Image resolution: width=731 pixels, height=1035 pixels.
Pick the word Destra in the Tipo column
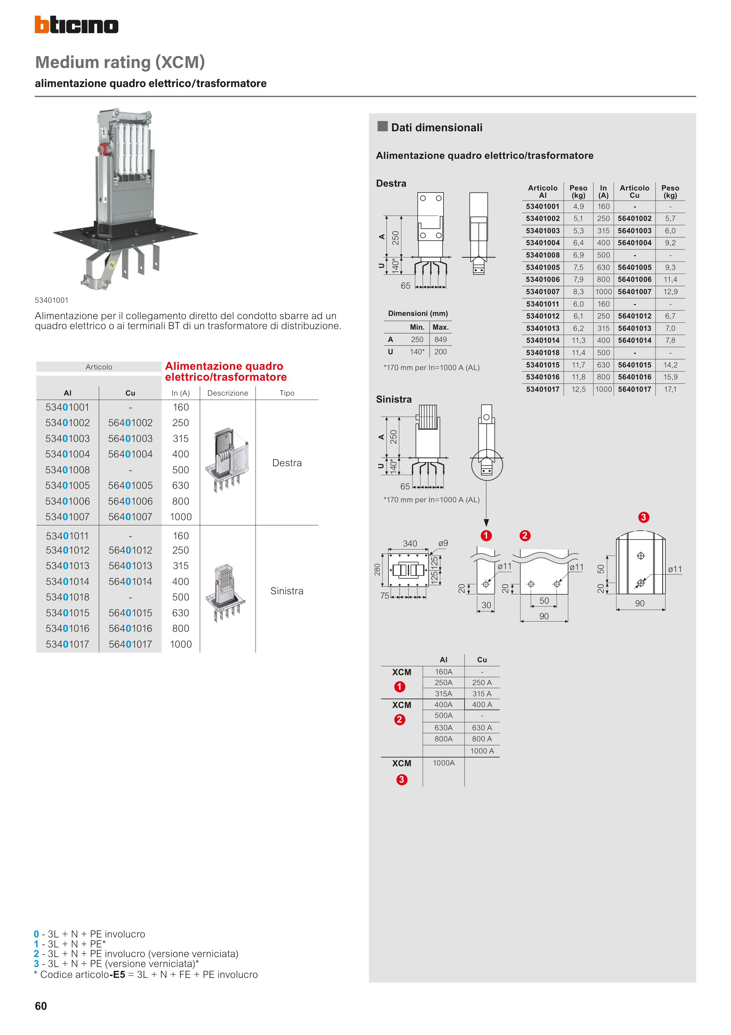coord(287,463)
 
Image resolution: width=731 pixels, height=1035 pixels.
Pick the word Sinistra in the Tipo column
coord(287,591)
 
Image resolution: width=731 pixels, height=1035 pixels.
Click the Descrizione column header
coord(227,393)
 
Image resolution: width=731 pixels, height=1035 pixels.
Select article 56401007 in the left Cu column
coord(130,517)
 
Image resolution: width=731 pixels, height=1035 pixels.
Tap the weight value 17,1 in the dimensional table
coord(670,389)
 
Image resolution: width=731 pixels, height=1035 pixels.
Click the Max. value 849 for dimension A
coord(441,339)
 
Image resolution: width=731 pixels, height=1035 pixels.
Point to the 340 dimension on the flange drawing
coord(410,544)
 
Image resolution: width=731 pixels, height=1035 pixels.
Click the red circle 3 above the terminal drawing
coord(644,517)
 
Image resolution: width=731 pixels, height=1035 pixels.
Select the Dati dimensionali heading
coord(436,127)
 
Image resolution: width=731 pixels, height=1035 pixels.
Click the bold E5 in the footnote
coord(119,975)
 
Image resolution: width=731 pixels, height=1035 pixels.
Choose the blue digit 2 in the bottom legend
coord(37,954)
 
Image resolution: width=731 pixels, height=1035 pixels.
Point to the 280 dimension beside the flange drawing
coord(377,570)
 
